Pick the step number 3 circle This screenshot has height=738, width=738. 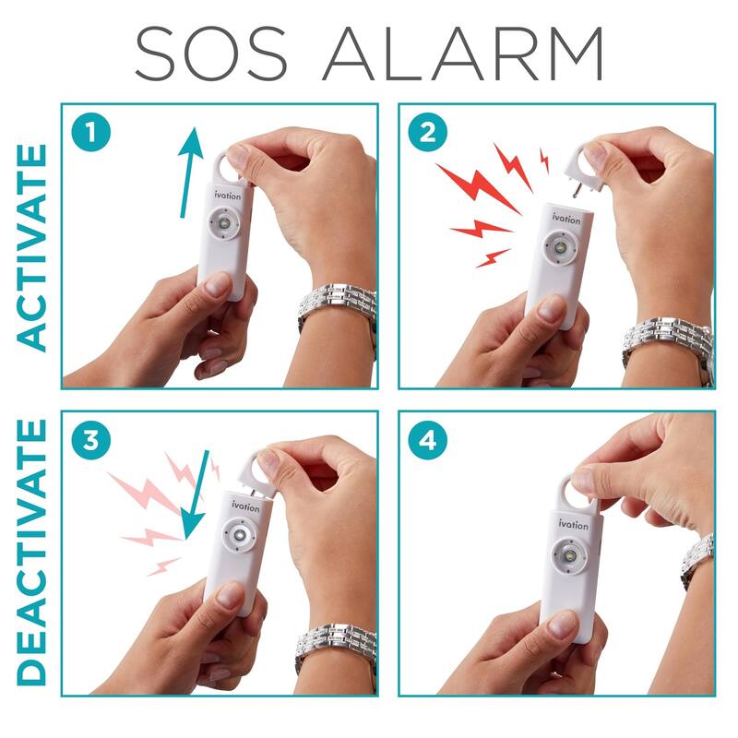click(91, 441)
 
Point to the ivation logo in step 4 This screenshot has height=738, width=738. click(572, 525)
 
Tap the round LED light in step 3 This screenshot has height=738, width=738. click(240, 536)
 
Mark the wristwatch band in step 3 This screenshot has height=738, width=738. click(338, 646)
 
